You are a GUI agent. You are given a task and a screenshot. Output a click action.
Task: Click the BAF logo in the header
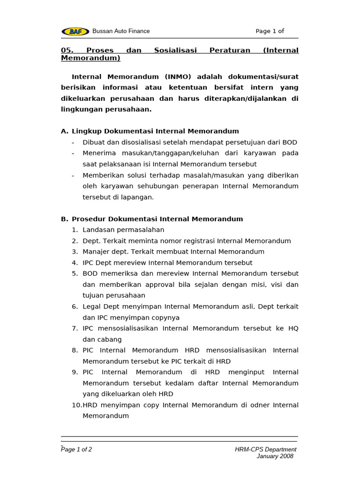[75, 31]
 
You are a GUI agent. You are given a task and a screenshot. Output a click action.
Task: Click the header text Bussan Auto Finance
[121, 31]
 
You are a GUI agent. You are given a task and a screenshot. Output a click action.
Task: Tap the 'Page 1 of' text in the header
[270, 31]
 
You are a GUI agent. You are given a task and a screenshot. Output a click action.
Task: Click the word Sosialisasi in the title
[175, 50]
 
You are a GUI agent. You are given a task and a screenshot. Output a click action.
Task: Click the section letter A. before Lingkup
[65, 131]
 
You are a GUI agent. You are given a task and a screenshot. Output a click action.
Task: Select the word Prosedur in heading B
[89, 219]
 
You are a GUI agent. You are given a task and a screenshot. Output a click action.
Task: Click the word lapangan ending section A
[137, 197]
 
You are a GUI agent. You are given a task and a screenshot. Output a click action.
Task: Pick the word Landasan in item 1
[97, 230]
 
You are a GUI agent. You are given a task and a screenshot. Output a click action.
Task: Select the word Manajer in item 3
[96, 252]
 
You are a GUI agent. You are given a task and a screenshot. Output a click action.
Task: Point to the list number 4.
[75, 263]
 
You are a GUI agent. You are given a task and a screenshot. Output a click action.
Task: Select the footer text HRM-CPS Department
[265, 450]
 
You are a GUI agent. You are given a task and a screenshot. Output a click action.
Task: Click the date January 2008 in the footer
[275, 457]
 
